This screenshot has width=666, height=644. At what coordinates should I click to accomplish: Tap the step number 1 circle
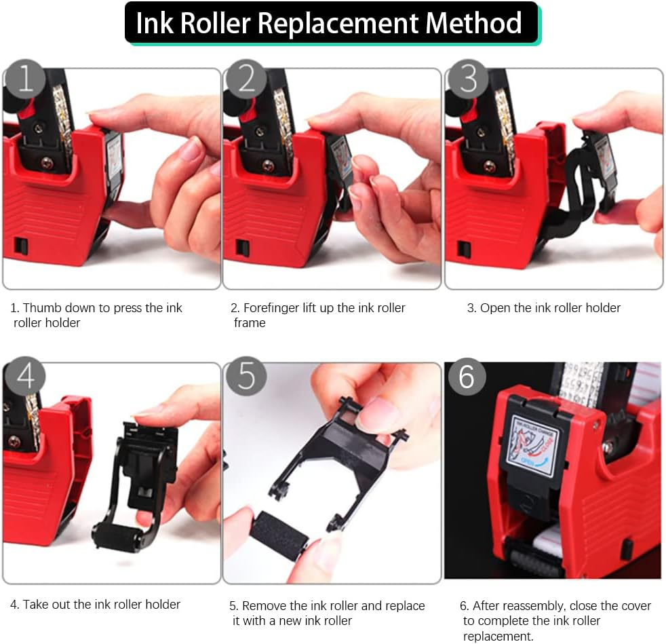click(x=25, y=79)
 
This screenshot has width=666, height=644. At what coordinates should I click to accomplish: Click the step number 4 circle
click(x=24, y=375)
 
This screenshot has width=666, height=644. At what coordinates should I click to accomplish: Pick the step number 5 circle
click(x=246, y=375)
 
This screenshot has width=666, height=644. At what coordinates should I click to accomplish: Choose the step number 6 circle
click(x=467, y=375)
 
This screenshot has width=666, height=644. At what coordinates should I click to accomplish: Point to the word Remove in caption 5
click(x=263, y=606)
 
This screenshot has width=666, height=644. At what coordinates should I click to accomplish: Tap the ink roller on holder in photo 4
click(x=118, y=535)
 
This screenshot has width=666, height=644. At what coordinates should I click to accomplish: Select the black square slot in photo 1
click(x=21, y=246)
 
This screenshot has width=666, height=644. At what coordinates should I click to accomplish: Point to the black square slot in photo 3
click(x=464, y=248)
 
